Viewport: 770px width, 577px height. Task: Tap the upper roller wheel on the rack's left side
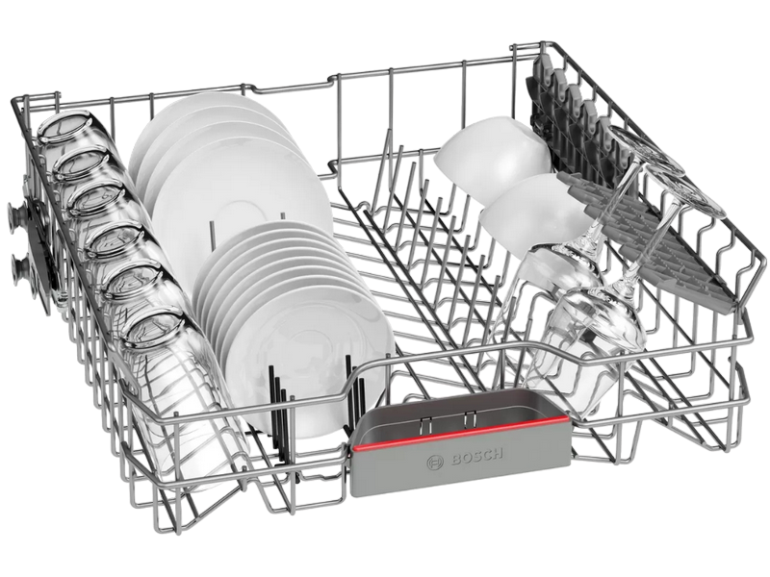click(18, 214)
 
